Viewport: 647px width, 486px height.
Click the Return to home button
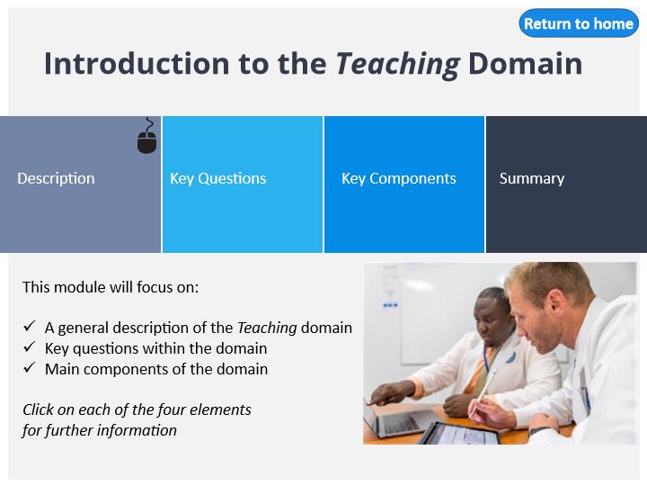tap(579, 23)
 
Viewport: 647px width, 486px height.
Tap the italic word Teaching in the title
tap(398, 64)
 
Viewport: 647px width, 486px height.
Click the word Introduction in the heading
tap(137, 64)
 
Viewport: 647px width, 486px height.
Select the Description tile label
tap(56, 178)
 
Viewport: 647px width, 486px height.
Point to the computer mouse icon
tap(146, 136)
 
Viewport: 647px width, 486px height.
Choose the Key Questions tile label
tap(217, 178)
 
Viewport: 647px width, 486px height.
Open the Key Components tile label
tap(399, 178)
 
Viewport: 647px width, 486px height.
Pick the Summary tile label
tap(532, 178)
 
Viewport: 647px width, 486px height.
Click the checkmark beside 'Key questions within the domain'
tap(30, 347)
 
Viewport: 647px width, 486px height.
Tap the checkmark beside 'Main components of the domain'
tap(30, 368)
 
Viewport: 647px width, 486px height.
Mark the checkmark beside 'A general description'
tap(30, 327)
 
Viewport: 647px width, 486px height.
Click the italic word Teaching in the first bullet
tap(267, 328)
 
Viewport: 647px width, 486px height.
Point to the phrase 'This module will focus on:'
tap(111, 287)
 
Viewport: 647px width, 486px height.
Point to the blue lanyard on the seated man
tap(486, 359)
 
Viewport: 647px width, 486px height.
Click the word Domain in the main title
tap(526, 64)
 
